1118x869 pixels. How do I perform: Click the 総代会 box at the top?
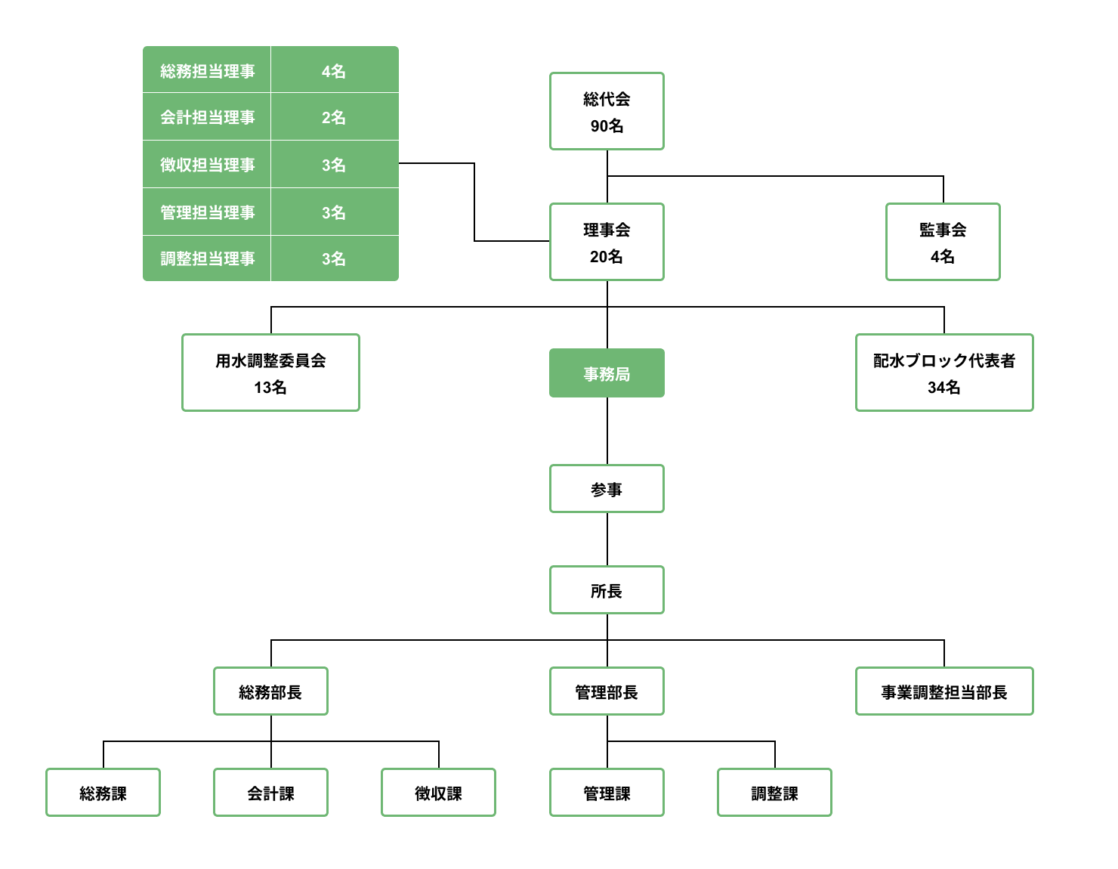pos(607,111)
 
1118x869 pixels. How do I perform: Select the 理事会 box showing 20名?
pos(607,242)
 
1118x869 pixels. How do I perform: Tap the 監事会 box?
pos(943,242)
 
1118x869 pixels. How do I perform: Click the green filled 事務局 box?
pos(607,373)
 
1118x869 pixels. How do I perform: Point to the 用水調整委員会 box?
pos(270,373)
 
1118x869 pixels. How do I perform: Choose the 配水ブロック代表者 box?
pos(944,373)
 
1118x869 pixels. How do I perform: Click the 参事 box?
pos(607,489)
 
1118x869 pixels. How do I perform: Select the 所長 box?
pos(607,590)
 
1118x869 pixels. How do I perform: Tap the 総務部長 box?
pos(270,691)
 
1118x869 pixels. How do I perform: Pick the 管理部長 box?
pos(607,691)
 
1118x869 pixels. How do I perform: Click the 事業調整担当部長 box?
pos(944,691)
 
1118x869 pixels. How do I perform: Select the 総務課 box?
pos(103,793)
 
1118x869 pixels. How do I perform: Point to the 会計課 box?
pos(270,793)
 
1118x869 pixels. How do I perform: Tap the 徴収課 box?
pos(438,793)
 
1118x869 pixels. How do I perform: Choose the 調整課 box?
pos(774,793)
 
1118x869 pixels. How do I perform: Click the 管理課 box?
pos(607,793)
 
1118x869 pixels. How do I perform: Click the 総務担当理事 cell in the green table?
pos(207,70)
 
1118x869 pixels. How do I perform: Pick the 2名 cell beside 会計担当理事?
pos(335,117)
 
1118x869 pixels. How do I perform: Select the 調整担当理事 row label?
pos(207,258)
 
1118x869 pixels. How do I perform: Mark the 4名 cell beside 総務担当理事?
pos(335,70)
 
